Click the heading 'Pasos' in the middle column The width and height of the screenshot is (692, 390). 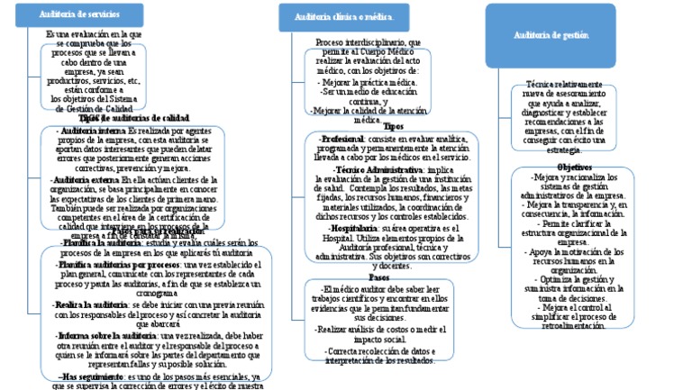(379, 277)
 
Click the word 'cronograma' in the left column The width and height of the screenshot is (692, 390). (137, 294)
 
